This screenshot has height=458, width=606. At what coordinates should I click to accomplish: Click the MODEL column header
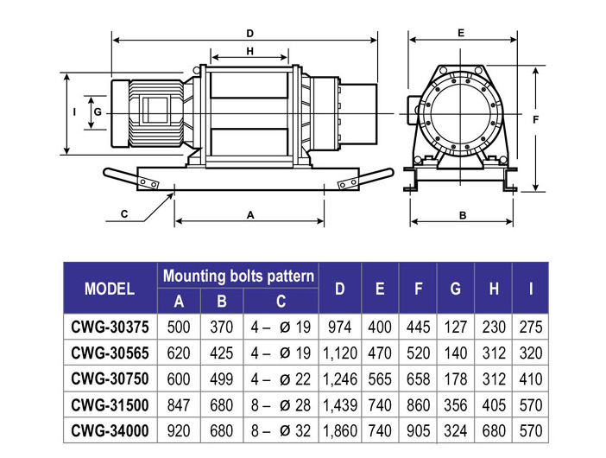pyautogui.click(x=110, y=289)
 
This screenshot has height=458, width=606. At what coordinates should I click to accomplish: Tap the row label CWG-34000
pyautogui.click(x=110, y=430)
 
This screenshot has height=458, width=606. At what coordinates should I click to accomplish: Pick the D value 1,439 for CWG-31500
pyautogui.click(x=339, y=404)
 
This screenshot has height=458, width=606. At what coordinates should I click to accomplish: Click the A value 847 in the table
pyautogui.click(x=179, y=404)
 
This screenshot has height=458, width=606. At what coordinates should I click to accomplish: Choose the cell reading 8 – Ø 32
pyautogui.click(x=281, y=430)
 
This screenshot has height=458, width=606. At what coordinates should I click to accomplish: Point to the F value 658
pyautogui.click(x=418, y=378)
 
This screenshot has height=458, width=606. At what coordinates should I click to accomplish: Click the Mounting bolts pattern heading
pyautogui.click(x=238, y=277)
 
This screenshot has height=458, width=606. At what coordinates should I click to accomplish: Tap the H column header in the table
pyautogui.click(x=493, y=289)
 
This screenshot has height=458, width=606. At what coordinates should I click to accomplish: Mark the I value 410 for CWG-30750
pyautogui.click(x=530, y=378)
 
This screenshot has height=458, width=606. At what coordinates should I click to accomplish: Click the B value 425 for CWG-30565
pyautogui.click(x=222, y=353)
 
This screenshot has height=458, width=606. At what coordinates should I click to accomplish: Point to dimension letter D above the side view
pyautogui.click(x=249, y=33)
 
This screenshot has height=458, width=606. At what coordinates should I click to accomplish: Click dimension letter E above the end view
pyautogui.click(x=461, y=32)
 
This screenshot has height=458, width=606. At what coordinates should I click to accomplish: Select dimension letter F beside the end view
pyautogui.click(x=535, y=119)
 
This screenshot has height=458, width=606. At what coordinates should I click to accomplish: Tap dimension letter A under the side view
pyautogui.click(x=250, y=215)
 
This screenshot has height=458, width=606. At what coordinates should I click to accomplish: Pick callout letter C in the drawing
pyautogui.click(x=124, y=213)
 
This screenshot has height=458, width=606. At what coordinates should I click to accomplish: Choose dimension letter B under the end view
pyautogui.click(x=462, y=215)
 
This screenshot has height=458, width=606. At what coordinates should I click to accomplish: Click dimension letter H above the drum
pyautogui.click(x=249, y=52)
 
